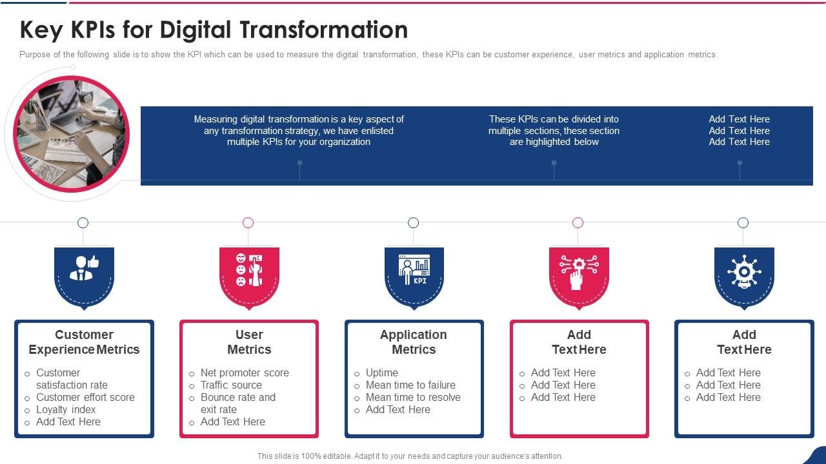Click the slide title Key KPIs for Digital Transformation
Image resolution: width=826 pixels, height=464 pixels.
pyautogui.click(x=214, y=30)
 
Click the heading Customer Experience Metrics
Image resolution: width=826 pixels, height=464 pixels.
pyautogui.click(x=84, y=342)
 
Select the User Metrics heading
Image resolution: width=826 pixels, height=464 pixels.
pyautogui.click(x=249, y=342)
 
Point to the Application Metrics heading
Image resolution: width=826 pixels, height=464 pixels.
pyautogui.click(x=414, y=342)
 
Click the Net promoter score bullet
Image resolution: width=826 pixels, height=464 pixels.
pyautogui.click(x=245, y=373)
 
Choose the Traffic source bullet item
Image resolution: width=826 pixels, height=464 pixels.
pyautogui.click(x=231, y=385)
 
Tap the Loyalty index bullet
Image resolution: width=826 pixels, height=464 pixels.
pyautogui.click(x=66, y=410)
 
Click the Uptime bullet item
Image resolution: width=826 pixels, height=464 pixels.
pyautogui.click(x=382, y=373)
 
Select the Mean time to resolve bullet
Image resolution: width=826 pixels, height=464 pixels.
pyautogui.click(x=413, y=398)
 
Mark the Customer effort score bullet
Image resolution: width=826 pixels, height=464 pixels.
pyautogui.click(x=85, y=398)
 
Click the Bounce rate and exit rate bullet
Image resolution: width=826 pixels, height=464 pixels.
pyautogui.click(x=237, y=403)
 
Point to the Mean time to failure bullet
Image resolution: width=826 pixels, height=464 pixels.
pyautogui.click(x=410, y=385)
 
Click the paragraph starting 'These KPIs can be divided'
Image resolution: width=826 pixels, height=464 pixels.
pyautogui.click(x=554, y=131)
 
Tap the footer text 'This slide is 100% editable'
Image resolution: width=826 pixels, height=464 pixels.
pyautogui.click(x=410, y=456)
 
